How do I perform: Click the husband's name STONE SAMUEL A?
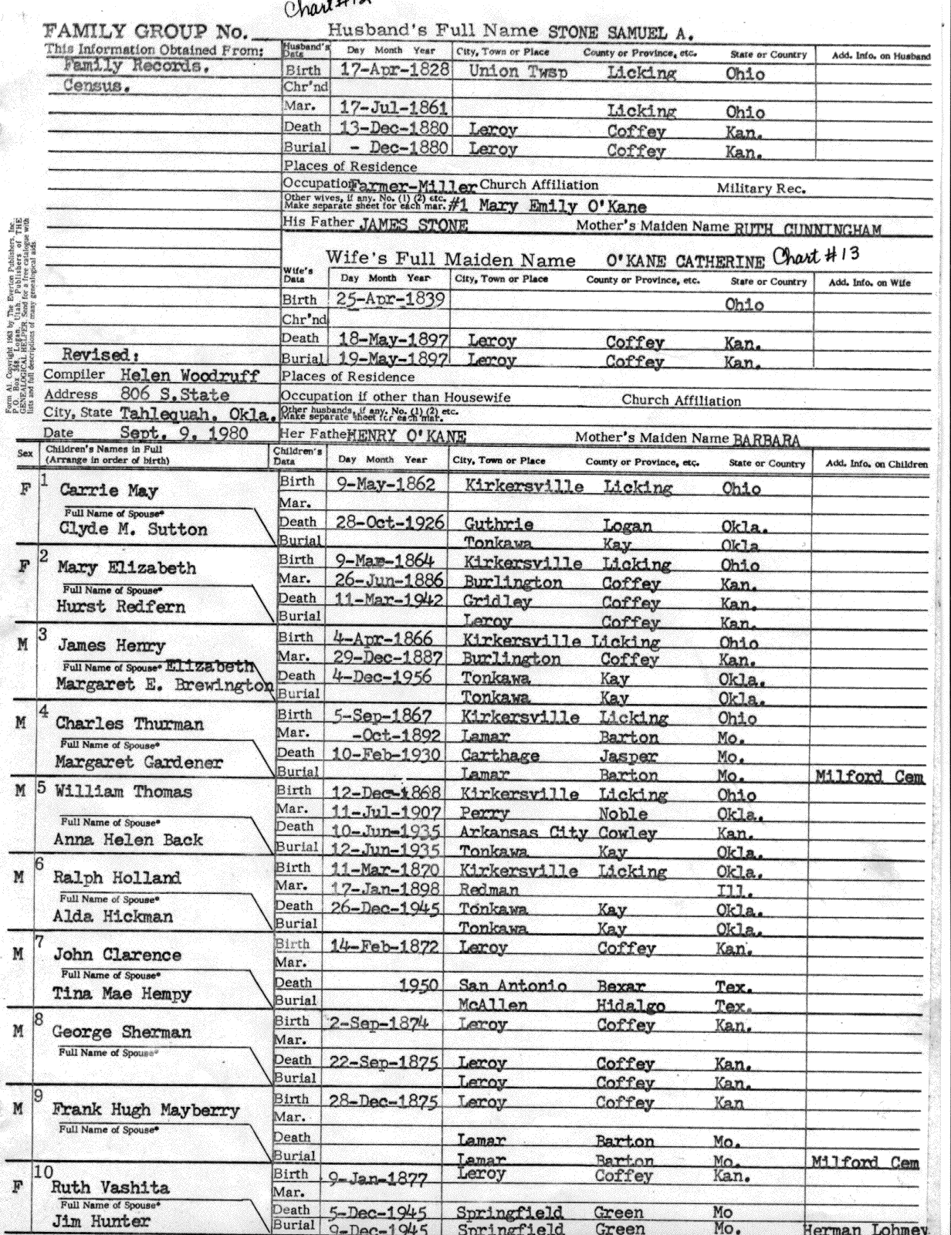620,32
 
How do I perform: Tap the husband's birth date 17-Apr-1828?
394,70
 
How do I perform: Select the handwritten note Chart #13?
816,255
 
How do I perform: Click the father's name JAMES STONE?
413,225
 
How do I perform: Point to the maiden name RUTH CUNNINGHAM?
807,228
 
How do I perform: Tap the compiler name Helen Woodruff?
190,375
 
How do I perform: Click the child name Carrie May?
100,490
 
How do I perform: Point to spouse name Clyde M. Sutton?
134,530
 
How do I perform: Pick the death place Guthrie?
499,524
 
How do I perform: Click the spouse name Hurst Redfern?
121,607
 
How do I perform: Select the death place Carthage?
500,756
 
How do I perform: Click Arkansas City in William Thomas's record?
523,833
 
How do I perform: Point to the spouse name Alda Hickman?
113,916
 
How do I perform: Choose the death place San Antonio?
513,986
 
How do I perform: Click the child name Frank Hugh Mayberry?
146,1110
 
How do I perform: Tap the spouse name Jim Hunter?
101,1221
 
